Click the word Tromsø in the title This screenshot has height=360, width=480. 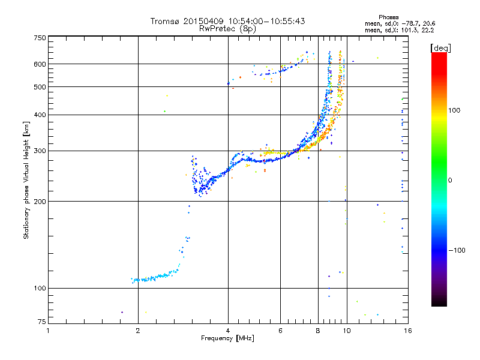[x=165, y=21]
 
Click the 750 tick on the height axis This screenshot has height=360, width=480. [x=40, y=38]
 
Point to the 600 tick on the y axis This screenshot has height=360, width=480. [x=40, y=64]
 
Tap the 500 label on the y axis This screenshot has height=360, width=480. [x=40, y=87]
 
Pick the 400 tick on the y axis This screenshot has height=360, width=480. [x=40, y=115]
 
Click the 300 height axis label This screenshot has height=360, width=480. [x=40, y=151]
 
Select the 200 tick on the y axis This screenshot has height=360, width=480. [x=40, y=202]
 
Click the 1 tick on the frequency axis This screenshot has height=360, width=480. [x=48, y=331]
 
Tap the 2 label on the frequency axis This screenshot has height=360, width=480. [x=138, y=331]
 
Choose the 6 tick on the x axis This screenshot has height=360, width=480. [x=280, y=331]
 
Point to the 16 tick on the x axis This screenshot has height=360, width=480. [x=407, y=331]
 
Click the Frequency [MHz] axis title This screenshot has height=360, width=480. [x=227, y=338]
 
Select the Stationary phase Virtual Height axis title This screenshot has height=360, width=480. [x=26, y=180]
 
